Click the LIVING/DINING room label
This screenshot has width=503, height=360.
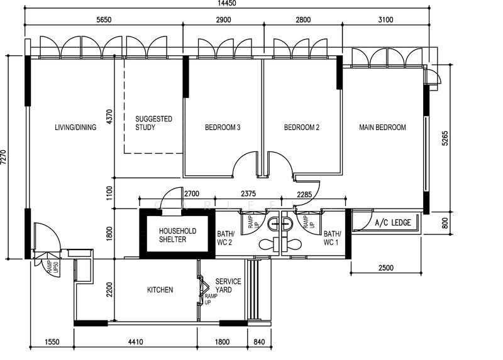[x=75, y=128]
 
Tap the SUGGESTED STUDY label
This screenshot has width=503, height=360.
[x=154, y=123]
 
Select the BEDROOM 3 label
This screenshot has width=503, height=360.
[x=223, y=128]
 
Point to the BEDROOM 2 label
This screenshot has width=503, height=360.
[x=302, y=128]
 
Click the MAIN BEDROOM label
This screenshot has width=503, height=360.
[x=382, y=128]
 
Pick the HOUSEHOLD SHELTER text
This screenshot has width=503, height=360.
[x=177, y=235]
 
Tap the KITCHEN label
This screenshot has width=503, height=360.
[x=160, y=290]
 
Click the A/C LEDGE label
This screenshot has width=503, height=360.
[x=392, y=223]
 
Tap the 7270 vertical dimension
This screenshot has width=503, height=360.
[x=4, y=156]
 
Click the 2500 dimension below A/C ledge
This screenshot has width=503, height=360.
[x=385, y=268]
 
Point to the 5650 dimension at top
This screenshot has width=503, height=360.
[x=103, y=20]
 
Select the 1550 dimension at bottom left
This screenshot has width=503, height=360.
[x=52, y=342]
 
